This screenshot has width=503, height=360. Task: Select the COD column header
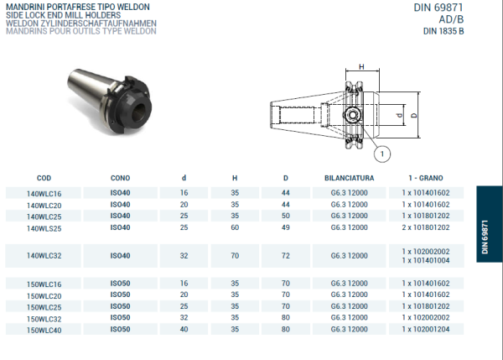click(44, 178)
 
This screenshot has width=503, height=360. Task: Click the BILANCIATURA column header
click(349, 178)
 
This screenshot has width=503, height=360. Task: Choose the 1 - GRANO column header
click(426, 178)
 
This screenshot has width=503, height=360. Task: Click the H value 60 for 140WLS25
click(236, 227)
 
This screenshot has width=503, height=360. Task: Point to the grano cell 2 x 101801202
click(425, 227)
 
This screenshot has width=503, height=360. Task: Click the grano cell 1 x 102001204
click(425, 330)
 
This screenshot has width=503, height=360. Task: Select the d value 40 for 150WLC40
click(184, 330)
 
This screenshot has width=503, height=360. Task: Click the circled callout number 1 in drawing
click(384, 154)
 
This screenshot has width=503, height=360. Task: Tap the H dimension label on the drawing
click(361, 66)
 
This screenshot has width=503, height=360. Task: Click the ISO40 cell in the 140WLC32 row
click(120, 255)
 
